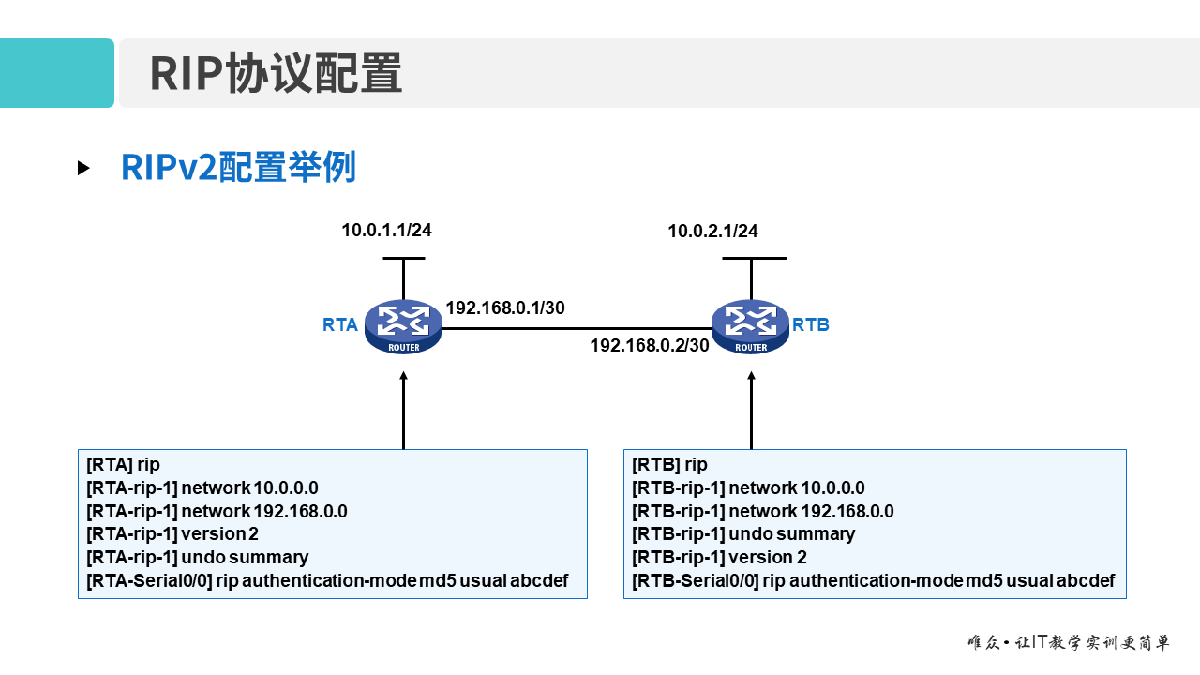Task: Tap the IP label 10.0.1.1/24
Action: [386, 230]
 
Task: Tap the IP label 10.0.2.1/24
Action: [712, 231]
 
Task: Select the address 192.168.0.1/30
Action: [505, 307]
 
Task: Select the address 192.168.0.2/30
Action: [650, 345]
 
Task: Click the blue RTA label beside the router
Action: [340, 325]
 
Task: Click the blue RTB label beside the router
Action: [811, 325]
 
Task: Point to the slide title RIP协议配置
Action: [276, 73]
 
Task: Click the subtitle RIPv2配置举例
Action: [238, 168]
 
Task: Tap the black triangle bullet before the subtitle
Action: [83, 169]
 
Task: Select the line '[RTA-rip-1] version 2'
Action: [172, 533]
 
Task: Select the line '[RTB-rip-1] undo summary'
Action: [743, 533]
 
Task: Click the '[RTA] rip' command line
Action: [123, 464]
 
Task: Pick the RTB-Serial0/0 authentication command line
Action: [873, 580]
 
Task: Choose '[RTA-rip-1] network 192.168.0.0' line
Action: [217, 511]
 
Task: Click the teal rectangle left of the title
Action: [56, 73]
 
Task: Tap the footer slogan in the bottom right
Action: [1069, 643]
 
